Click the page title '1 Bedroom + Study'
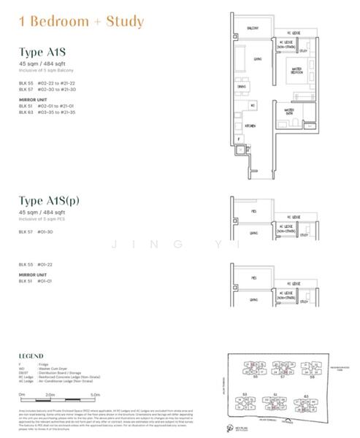[76, 22]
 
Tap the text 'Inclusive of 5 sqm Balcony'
[48, 70]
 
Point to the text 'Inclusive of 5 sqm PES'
[45, 218]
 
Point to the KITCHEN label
[250, 126]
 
